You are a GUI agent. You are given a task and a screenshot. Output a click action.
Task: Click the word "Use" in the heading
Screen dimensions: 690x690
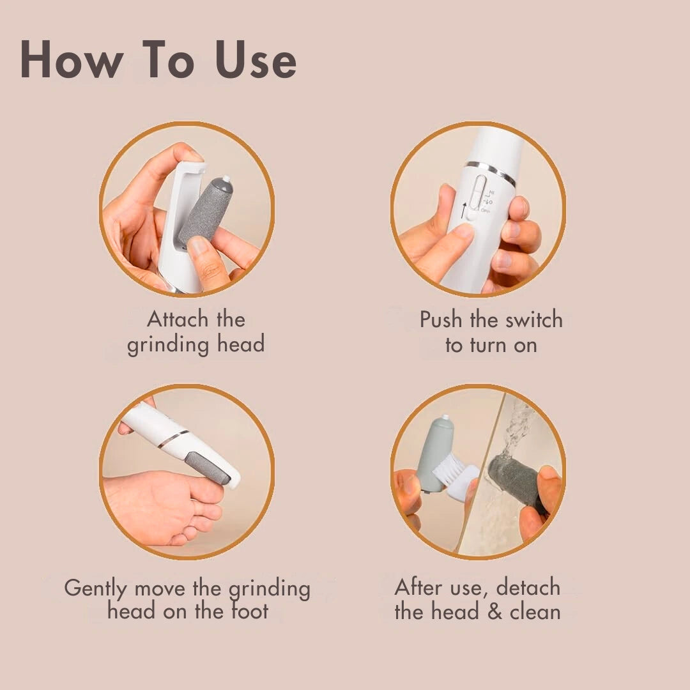(256, 59)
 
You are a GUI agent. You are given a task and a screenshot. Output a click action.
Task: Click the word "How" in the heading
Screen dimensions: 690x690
(72, 59)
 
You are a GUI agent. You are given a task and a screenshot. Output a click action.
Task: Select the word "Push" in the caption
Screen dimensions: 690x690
(441, 319)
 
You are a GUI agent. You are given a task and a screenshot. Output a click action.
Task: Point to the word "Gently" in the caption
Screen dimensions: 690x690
(95, 589)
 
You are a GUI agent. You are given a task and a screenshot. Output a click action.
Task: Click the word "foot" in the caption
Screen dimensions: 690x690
(250, 611)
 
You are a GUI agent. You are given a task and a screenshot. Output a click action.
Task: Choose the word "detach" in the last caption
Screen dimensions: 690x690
(528, 588)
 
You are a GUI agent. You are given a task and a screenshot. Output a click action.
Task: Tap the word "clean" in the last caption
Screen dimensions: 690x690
(535, 611)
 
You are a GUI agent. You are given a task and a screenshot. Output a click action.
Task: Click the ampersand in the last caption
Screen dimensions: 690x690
(494, 612)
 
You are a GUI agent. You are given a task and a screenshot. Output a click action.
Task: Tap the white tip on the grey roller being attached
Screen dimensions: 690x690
(226, 179)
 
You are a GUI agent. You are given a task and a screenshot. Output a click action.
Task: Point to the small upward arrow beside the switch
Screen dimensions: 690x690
(463, 210)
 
